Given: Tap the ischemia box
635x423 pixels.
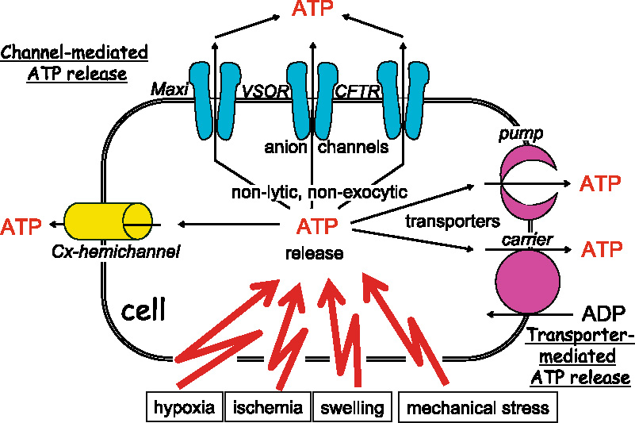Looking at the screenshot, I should (x=268, y=408).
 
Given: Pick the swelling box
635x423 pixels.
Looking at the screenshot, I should (x=352, y=408).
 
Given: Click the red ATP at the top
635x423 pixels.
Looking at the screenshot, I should (x=313, y=11).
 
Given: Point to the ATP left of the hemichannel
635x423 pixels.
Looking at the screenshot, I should (x=22, y=226).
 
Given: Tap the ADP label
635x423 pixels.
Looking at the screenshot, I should (x=605, y=311).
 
